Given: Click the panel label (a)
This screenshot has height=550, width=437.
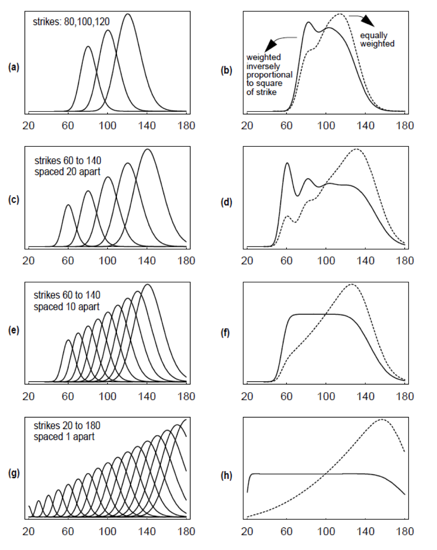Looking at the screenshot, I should [x=14, y=67].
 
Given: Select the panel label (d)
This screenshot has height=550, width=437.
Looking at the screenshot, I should [x=226, y=202].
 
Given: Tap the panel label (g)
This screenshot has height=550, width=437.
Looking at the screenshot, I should [x=14, y=473].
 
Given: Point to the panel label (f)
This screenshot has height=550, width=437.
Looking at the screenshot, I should [x=225, y=332].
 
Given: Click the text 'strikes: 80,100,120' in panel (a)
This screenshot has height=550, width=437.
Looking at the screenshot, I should [x=71, y=22].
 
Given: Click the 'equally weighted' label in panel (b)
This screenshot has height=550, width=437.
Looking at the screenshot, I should [x=377, y=40].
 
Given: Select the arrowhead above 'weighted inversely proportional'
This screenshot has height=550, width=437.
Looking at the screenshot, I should [x=271, y=44].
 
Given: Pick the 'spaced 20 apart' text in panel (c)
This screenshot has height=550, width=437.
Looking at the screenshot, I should [x=67, y=172].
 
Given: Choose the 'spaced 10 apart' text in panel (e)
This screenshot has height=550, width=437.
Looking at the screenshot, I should [x=67, y=306].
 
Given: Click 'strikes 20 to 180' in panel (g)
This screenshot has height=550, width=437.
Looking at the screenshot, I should [x=67, y=426].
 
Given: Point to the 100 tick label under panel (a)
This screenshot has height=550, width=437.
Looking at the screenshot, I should [x=107, y=126].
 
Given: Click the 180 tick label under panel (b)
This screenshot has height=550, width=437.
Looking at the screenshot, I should [x=405, y=126].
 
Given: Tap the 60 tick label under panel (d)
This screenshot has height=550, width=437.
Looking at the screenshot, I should [x=287, y=261].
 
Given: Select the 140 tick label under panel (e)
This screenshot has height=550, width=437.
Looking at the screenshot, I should [x=147, y=396].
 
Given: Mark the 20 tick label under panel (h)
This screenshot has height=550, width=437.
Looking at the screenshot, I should [x=247, y=531].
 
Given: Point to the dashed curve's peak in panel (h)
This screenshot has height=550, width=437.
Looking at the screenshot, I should [x=381, y=419].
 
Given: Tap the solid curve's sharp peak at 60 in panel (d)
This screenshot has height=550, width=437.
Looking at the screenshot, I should [x=287, y=163].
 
